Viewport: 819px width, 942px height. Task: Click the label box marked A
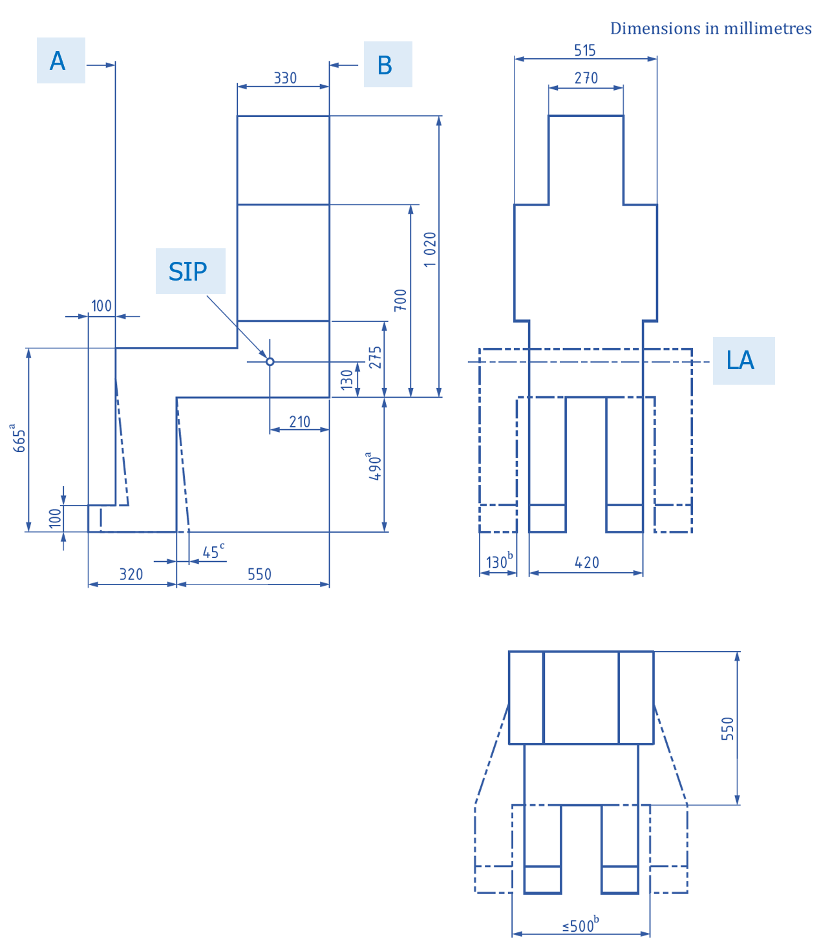tap(60, 61)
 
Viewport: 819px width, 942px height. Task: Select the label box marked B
tap(387, 65)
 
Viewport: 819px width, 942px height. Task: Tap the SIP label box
tap(190, 272)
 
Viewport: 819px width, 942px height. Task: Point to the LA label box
tap(743, 361)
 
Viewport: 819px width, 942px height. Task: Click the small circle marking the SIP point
tap(270, 361)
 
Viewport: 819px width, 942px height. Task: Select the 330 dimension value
tap(285, 78)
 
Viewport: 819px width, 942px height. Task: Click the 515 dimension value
tap(585, 50)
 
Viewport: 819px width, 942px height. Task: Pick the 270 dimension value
tap(586, 78)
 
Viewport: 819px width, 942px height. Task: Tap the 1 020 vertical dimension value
tap(431, 250)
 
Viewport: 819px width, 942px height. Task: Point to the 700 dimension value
tap(401, 300)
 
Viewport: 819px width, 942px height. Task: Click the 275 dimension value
tap(376, 358)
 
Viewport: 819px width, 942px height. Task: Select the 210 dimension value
tap(299, 422)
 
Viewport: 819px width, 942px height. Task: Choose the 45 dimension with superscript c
tap(213, 551)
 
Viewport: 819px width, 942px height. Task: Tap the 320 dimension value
tap(131, 574)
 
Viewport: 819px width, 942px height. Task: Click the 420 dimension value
tap(587, 562)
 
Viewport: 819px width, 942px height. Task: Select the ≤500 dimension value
tap(580, 925)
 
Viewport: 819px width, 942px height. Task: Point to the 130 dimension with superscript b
tap(498, 561)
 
